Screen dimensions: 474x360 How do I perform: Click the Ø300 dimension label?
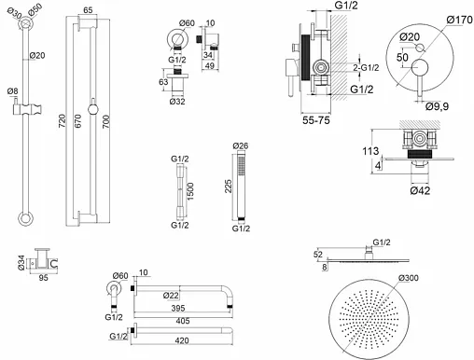(409, 277)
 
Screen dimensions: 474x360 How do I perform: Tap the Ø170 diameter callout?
(460, 20)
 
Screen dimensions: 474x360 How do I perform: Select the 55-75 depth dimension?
(316, 120)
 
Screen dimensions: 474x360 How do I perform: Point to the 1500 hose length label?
(190, 191)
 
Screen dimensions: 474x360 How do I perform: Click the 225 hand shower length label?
(229, 186)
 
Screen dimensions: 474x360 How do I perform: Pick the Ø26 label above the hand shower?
(241, 145)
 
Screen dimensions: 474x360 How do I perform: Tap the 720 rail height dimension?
(63, 120)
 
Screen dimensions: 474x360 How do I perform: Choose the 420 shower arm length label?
(182, 340)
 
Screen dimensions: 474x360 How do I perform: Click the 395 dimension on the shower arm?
(178, 308)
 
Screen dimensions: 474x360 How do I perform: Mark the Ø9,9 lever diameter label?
(437, 106)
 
